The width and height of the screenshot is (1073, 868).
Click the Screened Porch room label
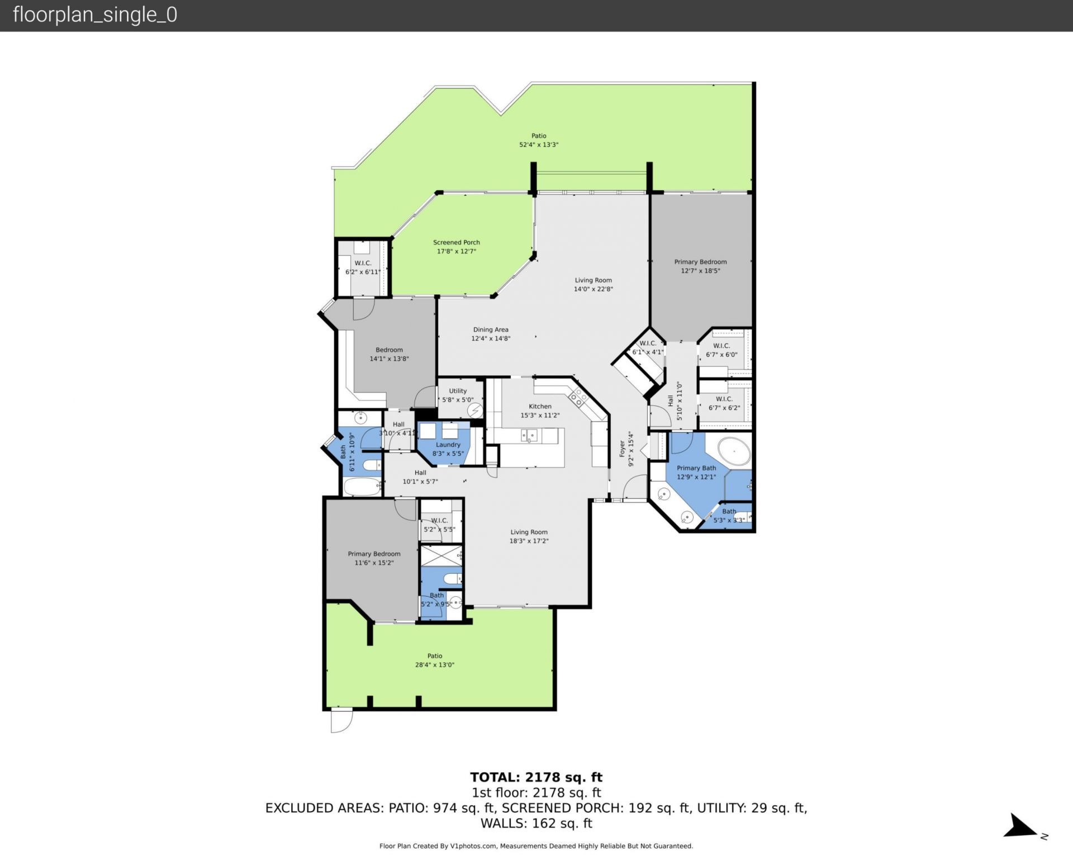(x=456, y=242)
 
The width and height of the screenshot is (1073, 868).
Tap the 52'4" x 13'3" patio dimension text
(x=539, y=145)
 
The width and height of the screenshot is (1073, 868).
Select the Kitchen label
(x=540, y=407)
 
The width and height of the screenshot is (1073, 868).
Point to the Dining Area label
(x=491, y=329)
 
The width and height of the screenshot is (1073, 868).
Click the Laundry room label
(x=448, y=445)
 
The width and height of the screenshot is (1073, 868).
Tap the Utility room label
(x=458, y=391)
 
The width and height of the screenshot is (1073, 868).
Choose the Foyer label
(x=622, y=449)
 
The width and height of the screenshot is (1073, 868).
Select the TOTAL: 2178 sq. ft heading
(x=536, y=777)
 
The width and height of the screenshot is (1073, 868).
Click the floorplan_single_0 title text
(x=94, y=15)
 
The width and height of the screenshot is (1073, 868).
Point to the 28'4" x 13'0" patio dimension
(x=434, y=665)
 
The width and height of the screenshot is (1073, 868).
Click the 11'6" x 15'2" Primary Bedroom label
(x=374, y=558)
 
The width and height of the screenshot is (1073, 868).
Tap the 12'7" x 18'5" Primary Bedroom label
(x=700, y=266)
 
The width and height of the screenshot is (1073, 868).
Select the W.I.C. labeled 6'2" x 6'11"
(x=363, y=267)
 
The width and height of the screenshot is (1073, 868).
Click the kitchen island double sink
(x=529, y=435)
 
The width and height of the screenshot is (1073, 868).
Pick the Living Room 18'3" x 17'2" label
(x=529, y=536)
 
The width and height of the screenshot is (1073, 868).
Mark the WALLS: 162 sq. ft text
(x=536, y=823)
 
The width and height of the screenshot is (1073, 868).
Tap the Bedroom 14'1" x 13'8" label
(x=389, y=354)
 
